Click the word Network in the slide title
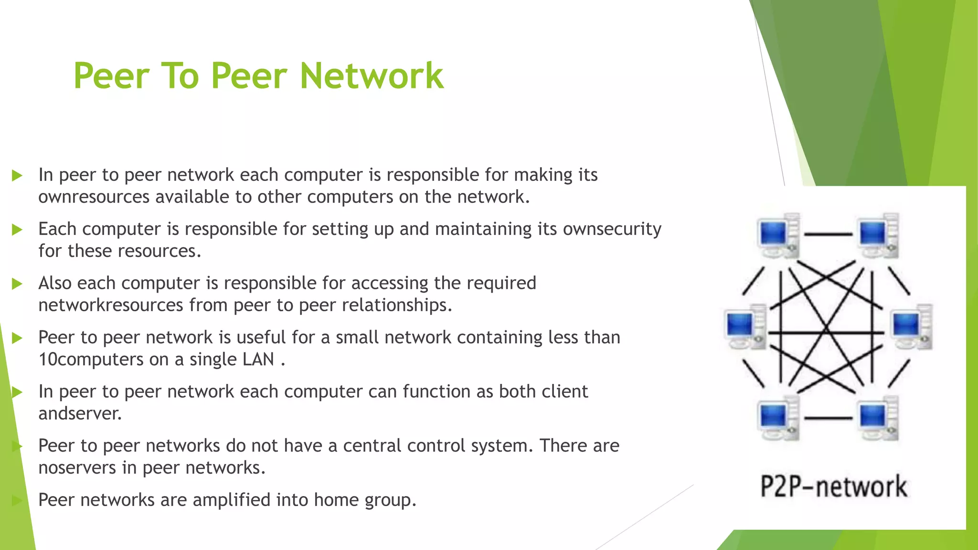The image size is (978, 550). point(372,76)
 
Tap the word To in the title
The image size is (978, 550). point(180,76)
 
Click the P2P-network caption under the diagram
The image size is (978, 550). point(833,487)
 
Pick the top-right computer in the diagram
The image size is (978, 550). point(878,235)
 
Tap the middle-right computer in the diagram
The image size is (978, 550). point(912,327)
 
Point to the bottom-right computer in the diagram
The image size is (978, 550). point(878,418)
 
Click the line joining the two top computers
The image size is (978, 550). point(828,234)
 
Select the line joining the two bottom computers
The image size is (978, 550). point(828,418)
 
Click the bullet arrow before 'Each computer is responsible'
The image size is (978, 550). point(17,230)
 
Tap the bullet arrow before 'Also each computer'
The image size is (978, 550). point(17,284)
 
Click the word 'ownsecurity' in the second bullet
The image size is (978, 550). point(612,229)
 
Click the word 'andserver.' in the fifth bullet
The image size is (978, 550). point(80,413)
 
